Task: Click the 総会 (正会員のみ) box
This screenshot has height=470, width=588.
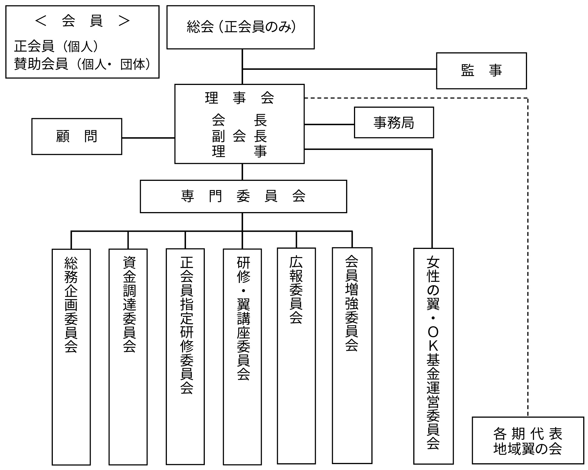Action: coord(240,27)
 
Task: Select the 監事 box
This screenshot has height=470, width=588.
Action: coord(481,71)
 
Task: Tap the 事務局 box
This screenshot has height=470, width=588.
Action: coord(394,122)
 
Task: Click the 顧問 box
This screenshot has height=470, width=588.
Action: coord(77,136)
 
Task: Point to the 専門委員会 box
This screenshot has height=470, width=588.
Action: coord(243,196)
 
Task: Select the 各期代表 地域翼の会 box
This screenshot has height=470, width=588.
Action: coord(528,441)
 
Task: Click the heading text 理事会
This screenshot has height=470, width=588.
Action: coord(239,98)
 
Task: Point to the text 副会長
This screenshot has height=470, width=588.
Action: coord(239,136)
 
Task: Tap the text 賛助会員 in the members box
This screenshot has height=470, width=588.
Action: coord(41,64)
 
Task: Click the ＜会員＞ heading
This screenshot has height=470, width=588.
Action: coord(82,21)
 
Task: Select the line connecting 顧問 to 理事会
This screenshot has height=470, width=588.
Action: coord(148,138)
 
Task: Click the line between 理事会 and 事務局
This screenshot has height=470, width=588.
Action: coord(329,124)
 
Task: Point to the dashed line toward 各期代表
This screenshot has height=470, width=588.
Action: coord(528,253)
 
